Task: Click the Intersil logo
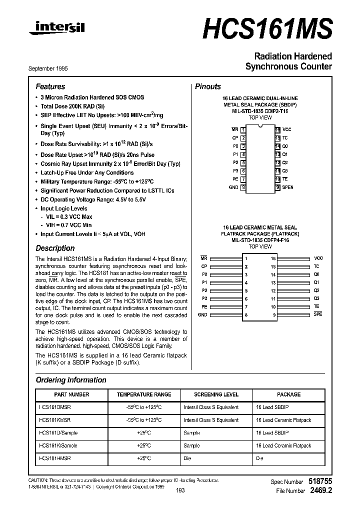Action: (56, 29)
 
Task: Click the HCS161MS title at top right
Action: (267, 27)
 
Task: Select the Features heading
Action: (50, 86)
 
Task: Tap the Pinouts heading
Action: (207, 86)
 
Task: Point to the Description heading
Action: (55, 248)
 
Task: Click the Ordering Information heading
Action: (71, 380)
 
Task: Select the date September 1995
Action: (46, 68)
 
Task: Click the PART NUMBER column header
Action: (71, 394)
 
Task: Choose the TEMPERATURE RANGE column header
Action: (144, 394)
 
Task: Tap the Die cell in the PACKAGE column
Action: (259, 458)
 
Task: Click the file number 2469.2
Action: (321, 491)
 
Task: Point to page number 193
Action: (180, 490)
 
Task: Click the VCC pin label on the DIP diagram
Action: (286, 129)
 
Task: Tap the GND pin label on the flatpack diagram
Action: (202, 315)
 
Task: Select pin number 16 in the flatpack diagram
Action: (273, 258)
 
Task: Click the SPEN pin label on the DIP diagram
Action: (288, 187)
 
